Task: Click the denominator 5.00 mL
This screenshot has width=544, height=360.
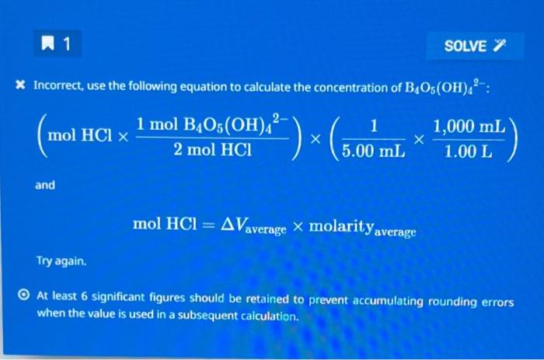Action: click(373, 151)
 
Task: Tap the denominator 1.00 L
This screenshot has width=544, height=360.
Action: click(468, 151)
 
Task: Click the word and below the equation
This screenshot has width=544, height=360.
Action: click(44, 185)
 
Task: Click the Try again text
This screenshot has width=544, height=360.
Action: click(60, 261)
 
